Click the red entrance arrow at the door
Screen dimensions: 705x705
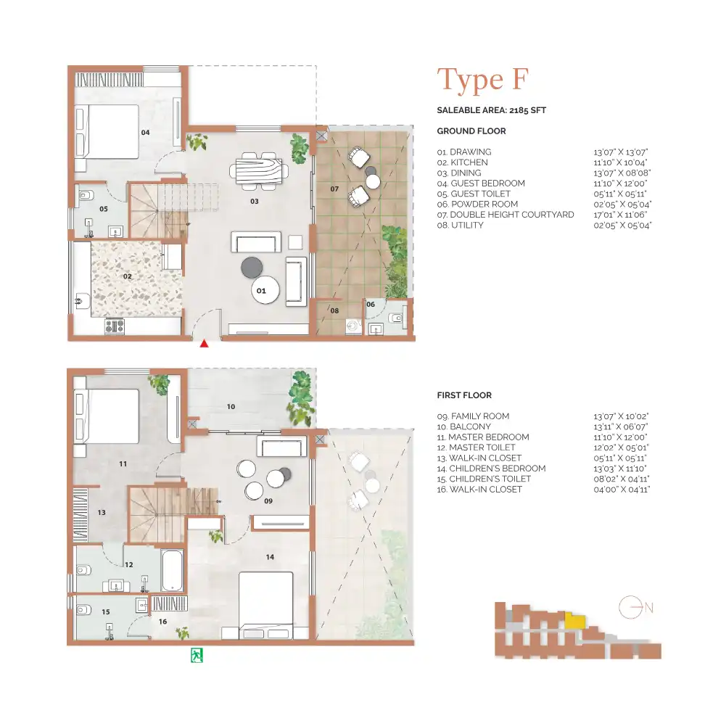205,344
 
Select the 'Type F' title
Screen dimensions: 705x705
482,79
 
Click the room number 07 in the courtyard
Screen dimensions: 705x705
334,189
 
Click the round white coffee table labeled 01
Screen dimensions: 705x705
262,290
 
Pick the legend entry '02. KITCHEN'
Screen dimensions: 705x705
462,162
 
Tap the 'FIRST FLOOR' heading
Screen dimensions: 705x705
464,395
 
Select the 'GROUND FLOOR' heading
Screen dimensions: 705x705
471,131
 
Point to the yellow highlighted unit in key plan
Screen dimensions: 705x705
574,622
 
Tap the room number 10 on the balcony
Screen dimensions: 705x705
231,407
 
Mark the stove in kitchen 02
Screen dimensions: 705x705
115,326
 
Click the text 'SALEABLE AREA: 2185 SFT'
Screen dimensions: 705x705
491,110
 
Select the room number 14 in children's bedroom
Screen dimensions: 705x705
270,557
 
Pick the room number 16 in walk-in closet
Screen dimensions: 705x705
162,622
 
